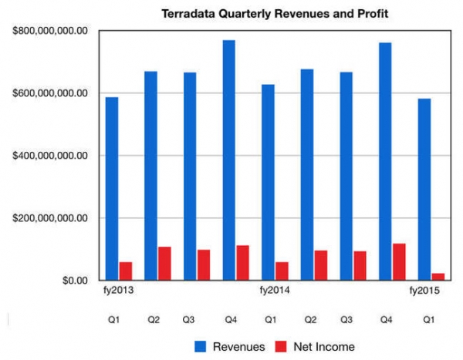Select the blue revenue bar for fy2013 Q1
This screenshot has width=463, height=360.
click(x=112, y=189)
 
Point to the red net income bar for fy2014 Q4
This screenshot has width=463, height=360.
click(x=398, y=262)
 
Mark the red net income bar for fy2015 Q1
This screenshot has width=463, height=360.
click(x=438, y=277)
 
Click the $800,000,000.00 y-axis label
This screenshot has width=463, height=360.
click(x=49, y=31)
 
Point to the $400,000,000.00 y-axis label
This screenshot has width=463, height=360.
click(x=49, y=156)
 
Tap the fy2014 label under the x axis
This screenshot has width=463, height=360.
click(x=275, y=291)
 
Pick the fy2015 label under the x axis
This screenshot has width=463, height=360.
click(x=424, y=291)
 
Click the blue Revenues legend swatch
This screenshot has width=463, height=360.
click(x=203, y=347)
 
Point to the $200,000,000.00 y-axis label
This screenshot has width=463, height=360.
click(x=49, y=218)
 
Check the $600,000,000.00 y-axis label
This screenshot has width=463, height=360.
click(x=49, y=93)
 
